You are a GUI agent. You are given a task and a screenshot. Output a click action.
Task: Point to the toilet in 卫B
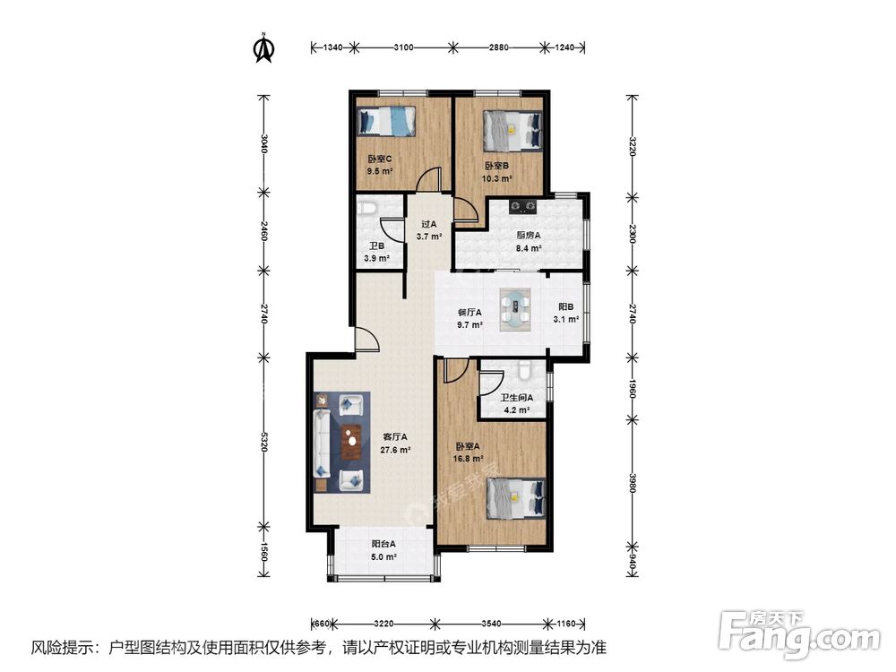367,210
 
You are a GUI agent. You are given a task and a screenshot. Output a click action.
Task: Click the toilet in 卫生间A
524,369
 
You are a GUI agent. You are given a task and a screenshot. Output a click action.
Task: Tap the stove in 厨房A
522,208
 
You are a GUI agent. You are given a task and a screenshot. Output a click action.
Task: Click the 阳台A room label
383,544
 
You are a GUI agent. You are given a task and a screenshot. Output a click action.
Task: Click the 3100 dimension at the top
402,46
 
